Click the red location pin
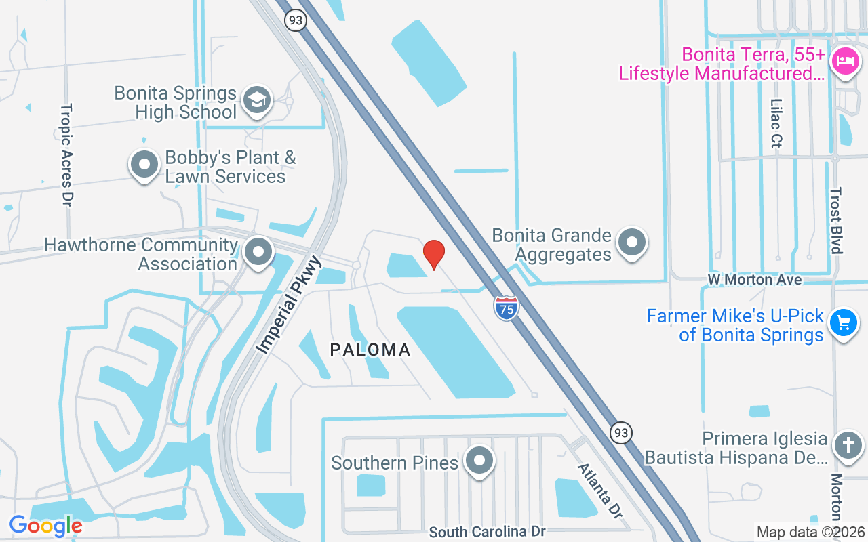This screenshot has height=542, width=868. (434, 254)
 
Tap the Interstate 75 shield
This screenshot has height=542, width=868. (506, 308)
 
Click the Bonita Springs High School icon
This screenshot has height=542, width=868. (257, 100)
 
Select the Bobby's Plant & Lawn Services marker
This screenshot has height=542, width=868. (144, 164)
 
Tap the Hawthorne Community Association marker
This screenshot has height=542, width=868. (258, 252)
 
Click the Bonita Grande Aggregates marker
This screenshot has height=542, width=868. (632, 242)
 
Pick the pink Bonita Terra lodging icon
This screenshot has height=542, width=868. (844, 62)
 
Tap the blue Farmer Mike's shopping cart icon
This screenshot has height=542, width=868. (844, 322)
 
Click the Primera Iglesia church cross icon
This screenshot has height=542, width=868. (848, 445)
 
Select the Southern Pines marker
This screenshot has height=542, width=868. (480, 461)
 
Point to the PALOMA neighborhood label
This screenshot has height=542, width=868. (370, 350)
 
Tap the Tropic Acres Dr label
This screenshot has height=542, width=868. (66, 155)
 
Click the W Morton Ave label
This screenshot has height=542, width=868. (755, 279)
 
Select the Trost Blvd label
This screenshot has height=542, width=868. (835, 220)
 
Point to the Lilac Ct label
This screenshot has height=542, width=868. (776, 123)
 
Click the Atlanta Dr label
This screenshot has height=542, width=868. (599, 491)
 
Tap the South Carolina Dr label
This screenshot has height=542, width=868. (487, 532)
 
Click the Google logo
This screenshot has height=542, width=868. (45, 525)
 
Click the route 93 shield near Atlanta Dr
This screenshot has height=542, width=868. (621, 433)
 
